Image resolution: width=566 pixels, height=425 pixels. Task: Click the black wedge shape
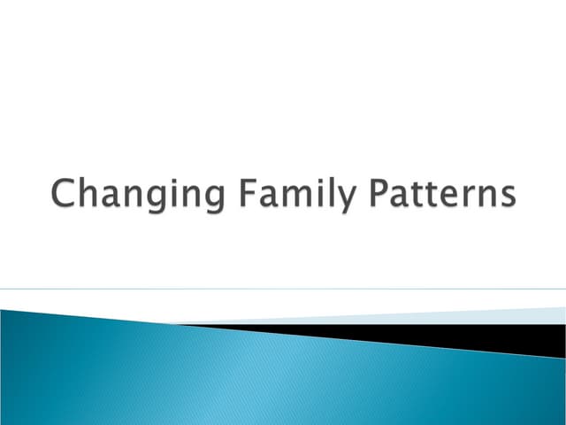tap(442, 336)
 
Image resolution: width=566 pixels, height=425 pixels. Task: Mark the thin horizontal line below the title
tap(283, 289)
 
